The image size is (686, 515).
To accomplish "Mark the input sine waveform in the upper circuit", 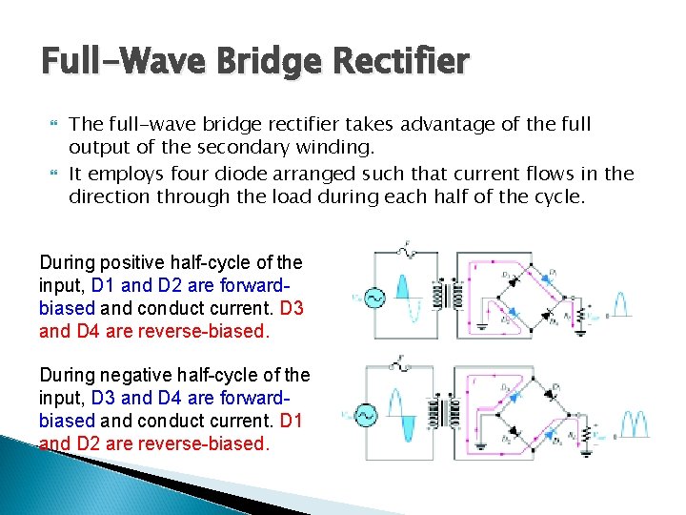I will click(403, 297).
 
